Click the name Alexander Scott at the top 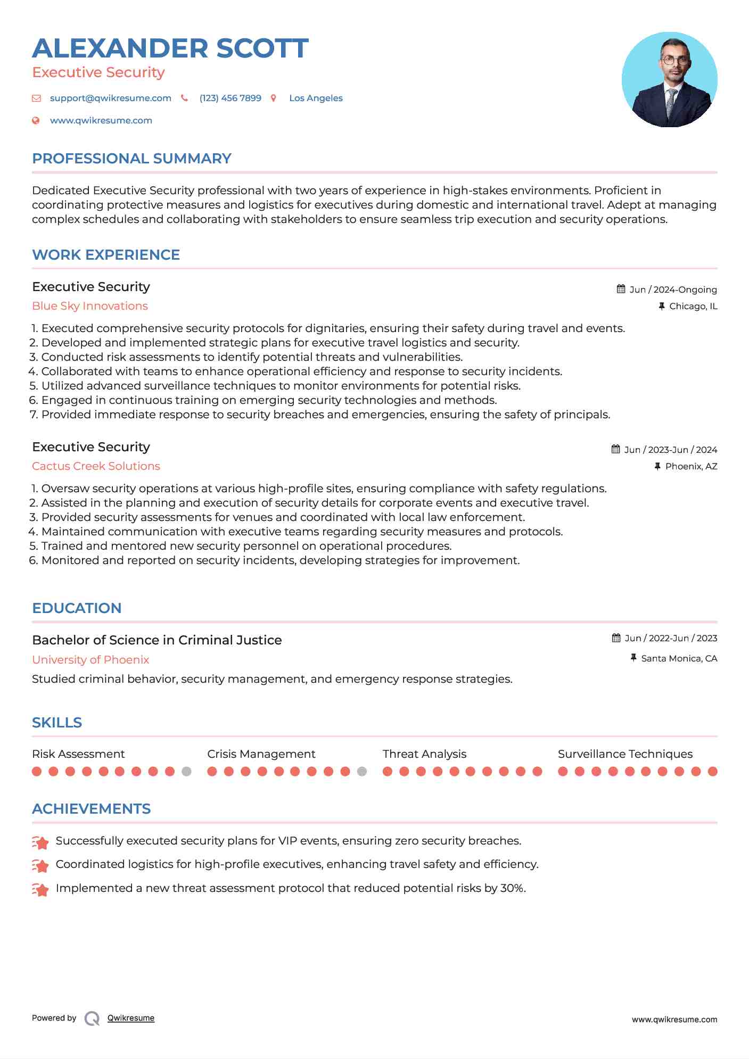pos(170,48)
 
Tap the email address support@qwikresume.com pos(111,98)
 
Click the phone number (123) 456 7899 pos(230,98)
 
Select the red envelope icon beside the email pos(36,98)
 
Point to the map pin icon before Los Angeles pos(274,98)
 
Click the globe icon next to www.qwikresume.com pos(36,120)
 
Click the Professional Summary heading pos(131,159)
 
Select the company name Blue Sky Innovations pos(90,306)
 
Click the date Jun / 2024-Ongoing pos(673,289)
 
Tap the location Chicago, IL pos(693,306)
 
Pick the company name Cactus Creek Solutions pos(96,466)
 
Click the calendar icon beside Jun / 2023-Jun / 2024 pos(616,449)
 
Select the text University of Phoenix pos(90,660)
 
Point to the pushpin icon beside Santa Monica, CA pos(633,658)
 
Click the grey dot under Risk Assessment pos(186,772)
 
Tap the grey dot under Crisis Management pos(362,772)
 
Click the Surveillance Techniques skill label pos(625,754)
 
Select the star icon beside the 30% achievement pos(40,889)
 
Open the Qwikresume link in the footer pos(131,1018)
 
